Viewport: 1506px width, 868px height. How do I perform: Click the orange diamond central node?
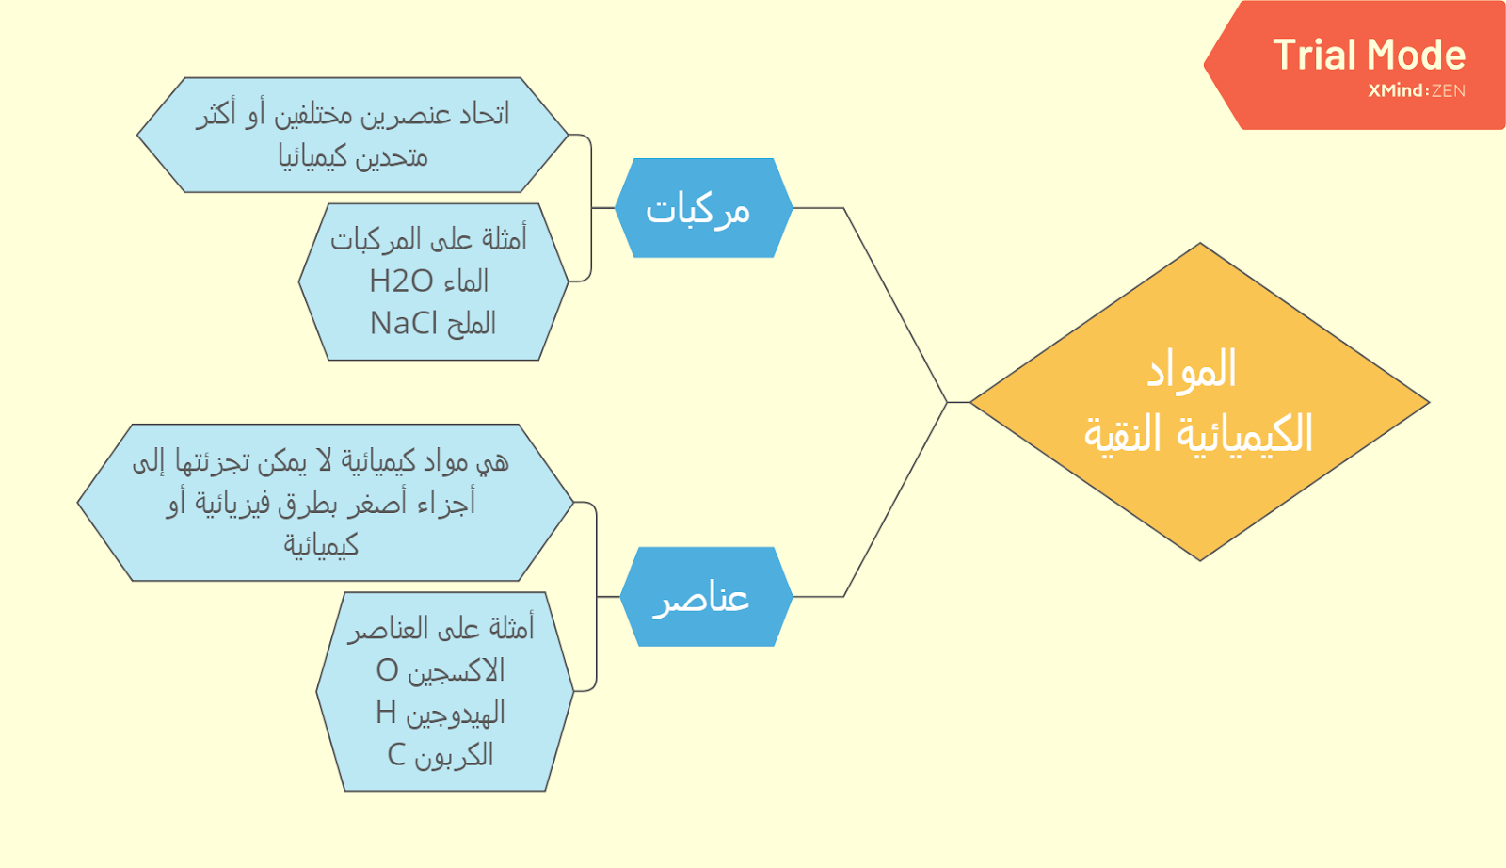(x=1199, y=401)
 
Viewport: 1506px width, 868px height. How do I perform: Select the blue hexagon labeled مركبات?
(x=704, y=208)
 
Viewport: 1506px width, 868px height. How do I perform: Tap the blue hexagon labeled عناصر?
(x=706, y=596)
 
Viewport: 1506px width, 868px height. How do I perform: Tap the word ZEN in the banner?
(x=1449, y=90)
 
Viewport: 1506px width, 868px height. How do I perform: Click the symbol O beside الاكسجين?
(x=387, y=670)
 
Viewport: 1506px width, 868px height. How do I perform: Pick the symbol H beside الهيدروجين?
(x=386, y=713)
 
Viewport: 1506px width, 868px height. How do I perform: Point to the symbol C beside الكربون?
(x=396, y=754)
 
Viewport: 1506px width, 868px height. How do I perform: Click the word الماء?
(x=465, y=281)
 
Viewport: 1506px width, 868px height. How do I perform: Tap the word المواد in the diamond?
(x=1192, y=369)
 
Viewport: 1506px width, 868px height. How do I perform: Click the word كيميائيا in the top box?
(x=353, y=156)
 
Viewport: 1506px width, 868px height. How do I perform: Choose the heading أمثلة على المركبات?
(x=429, y=239)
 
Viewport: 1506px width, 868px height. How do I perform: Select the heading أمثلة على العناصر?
(x=441, y=628)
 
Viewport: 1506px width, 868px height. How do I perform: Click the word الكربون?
(x=454, y=755)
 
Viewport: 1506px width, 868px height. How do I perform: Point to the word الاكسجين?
(x=457, y=671)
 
